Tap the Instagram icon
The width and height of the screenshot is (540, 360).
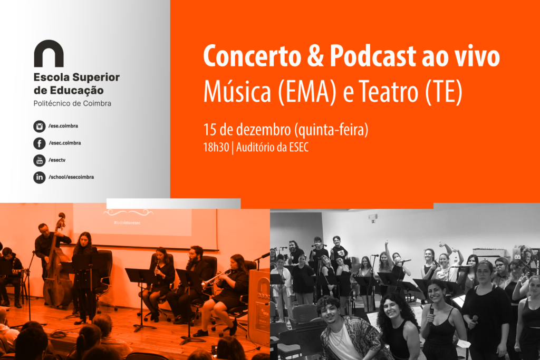tap(39, 127)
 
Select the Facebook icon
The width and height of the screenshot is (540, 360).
tap(39, 143)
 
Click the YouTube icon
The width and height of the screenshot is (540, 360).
tap(39, 160)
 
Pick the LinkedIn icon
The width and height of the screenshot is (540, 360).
tap(39, 177)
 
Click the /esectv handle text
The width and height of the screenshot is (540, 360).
tap(57, 160)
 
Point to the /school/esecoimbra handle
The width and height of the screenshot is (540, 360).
tap(71, 177)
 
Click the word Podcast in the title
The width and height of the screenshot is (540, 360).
tap(373, 56)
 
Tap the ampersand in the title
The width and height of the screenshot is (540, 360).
tap(315, 56)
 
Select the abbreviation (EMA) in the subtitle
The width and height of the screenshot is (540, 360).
tap(306, 92)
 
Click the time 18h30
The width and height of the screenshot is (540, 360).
tap(216, 147)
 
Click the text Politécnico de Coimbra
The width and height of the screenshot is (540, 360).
tap(72, 103)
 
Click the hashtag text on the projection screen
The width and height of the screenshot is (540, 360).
tap(127, 222)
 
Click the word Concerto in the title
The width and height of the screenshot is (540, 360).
tap(252, 56)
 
